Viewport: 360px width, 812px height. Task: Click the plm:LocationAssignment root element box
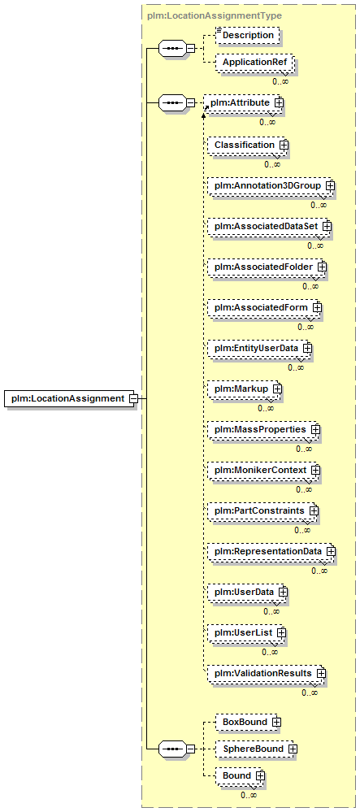(x=71, y=398)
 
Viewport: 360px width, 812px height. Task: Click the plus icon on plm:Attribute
(x=279, y=102)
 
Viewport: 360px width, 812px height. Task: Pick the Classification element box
(x=247, y=145)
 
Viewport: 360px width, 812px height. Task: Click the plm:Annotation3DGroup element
(x=271, y=185)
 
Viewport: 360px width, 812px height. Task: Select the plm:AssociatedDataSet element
(x=269, y=226)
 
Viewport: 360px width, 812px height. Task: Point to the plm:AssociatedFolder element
(x=267, y=267)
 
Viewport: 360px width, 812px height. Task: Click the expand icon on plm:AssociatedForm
(x=316, y=307)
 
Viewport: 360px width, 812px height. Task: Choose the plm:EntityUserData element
(x=259, y=348)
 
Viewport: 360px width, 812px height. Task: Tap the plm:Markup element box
(x=245, y=389)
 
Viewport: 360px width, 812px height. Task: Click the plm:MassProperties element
(x=263, y=429)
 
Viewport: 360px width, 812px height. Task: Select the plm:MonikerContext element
(x=263, y=470)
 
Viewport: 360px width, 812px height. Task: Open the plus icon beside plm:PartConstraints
(x=313, y=510)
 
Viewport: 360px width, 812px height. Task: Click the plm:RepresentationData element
(x=271, y=551)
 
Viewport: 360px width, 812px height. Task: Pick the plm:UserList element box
(x=247, y=632)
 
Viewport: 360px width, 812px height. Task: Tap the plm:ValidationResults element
(x=267, y=673)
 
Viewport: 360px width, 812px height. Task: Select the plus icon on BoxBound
(x=276, y=722)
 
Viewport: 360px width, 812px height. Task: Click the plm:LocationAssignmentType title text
(x=215, y=15)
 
